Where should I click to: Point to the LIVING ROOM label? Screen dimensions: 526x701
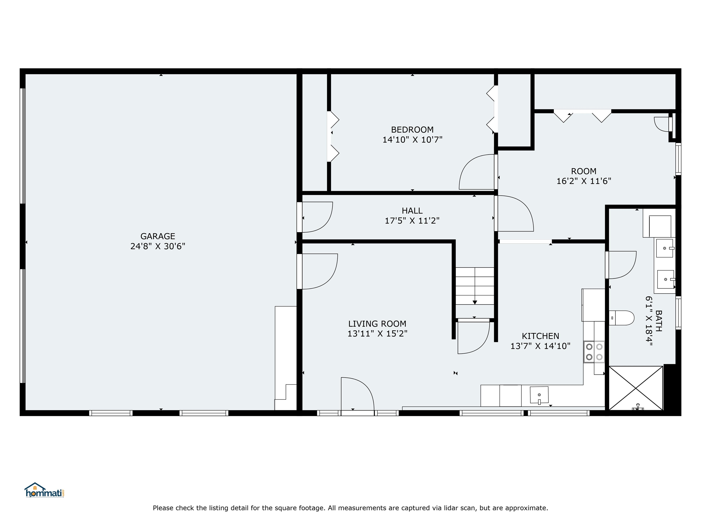377,324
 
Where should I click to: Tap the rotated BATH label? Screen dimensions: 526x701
658,321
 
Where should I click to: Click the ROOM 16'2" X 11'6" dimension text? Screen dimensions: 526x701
583,181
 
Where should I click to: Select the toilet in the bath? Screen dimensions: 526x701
621,318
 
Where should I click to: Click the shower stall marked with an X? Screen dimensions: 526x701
636,388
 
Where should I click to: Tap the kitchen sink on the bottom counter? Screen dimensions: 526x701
539,395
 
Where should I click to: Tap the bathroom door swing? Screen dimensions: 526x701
621,265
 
